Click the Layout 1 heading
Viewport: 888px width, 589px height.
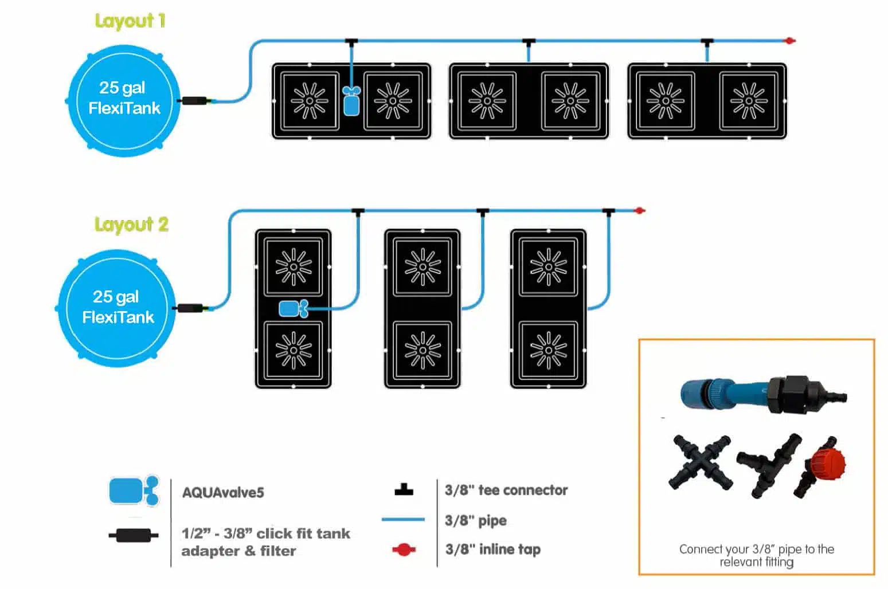(130, 21)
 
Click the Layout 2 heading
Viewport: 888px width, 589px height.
(131, 225)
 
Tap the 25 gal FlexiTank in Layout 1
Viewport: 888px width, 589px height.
(124, 99)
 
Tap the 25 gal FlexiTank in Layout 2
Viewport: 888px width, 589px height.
(116, 307)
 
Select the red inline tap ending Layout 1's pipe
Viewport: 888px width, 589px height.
(790, 41)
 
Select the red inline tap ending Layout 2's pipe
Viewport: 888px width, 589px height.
(640, 211)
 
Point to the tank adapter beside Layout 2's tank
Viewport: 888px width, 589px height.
(190, 308)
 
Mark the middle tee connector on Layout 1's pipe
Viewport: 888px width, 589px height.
(529, 42)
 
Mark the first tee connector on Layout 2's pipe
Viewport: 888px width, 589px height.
(358, 211)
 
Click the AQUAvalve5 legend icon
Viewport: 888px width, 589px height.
(134, 491)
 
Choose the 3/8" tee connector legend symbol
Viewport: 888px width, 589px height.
(404, 490)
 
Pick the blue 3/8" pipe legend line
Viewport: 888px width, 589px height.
(403, 520)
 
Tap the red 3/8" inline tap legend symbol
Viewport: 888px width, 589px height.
(404, 550)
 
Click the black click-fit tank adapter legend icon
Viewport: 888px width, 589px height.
(134, 536)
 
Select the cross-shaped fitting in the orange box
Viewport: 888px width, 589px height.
(700, 461)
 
